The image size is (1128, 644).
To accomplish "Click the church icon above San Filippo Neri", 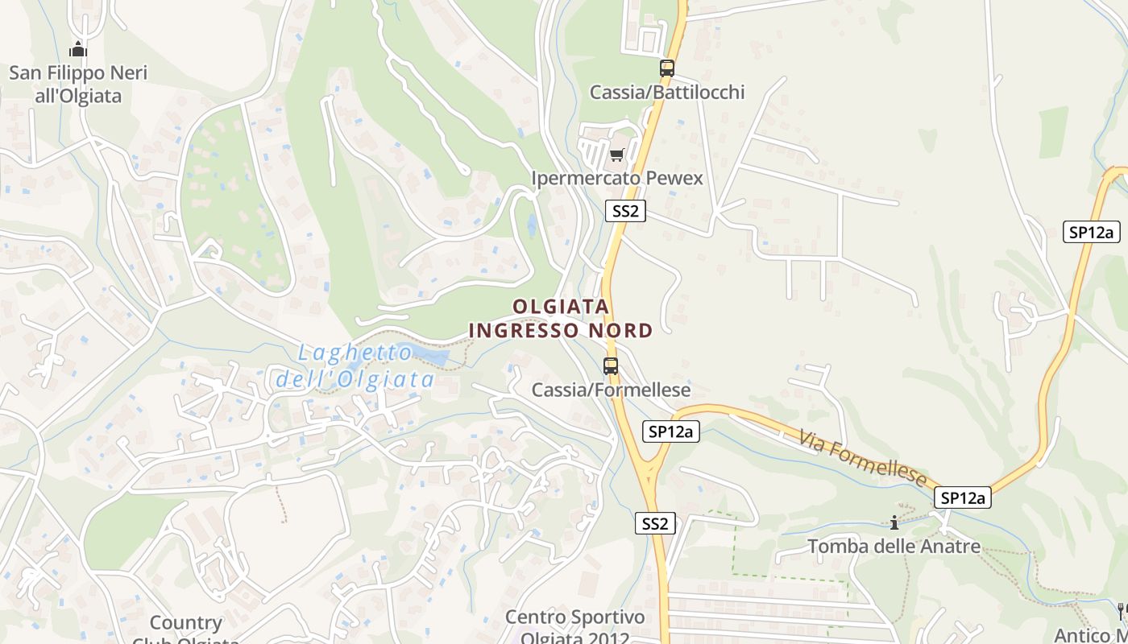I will (77, 49).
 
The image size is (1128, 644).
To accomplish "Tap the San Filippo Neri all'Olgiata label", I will (78, 85).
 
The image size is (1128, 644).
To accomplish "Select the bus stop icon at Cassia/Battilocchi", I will (666, 68).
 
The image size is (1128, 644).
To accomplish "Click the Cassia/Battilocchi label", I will (667, 93).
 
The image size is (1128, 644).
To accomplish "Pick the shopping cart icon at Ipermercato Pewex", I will (616, 155).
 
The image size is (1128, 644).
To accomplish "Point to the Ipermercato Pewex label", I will (617, 178).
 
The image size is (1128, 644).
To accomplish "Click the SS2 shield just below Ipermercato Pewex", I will (625, 212).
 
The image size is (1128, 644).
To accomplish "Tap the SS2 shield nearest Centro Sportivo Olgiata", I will (655, 523).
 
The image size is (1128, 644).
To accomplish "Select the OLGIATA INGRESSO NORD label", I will (561, 319).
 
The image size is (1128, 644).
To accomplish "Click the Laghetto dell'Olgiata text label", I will (355, 366).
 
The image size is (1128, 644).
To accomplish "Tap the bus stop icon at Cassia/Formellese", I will (611, 366).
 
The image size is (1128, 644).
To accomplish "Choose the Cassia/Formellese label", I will (611, 390).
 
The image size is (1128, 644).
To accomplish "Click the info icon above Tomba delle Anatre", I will (894, 523).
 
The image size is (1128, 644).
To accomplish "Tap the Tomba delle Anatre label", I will (894, 547).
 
